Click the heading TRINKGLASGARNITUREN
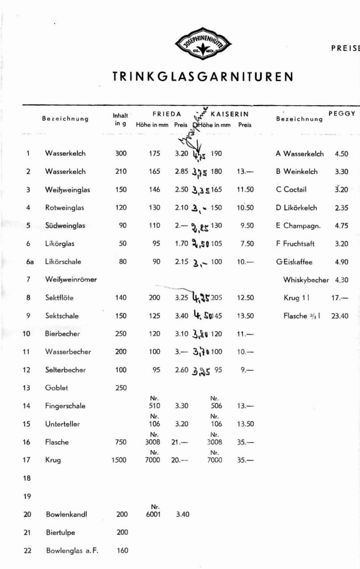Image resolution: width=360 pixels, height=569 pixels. click(x=203, y=77)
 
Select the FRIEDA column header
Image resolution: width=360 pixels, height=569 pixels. click(x=167, y=114)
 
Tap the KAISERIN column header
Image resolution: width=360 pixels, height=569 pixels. click(x=229, y=114)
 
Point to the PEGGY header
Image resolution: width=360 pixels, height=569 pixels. click(x=342, y=114)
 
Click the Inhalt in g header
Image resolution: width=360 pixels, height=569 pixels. click(x=120, y=119)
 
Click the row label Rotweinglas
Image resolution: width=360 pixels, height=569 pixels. click(x=65, y=207)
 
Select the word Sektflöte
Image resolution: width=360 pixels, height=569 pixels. click(x=59, y=298)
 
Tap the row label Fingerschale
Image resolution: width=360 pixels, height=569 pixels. click(x=65, y=406)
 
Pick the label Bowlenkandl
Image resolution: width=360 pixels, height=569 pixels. click(x=66, y=514)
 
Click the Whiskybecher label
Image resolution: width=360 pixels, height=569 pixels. click(x=306, y=280)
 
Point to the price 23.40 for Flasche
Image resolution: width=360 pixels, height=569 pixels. click(x=340, y=316)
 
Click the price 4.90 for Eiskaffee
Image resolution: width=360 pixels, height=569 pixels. click(x=341, y=262)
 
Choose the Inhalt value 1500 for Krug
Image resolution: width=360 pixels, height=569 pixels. click(x=119, y=460)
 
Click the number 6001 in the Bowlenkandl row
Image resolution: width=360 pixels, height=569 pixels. click(x=153, y=514)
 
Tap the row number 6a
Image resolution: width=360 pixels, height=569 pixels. click(x=30, y=262)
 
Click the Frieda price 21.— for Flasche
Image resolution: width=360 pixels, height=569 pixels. click(x=180, y=442)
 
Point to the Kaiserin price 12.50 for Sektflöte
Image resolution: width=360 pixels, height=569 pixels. click(x=245, y=298)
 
